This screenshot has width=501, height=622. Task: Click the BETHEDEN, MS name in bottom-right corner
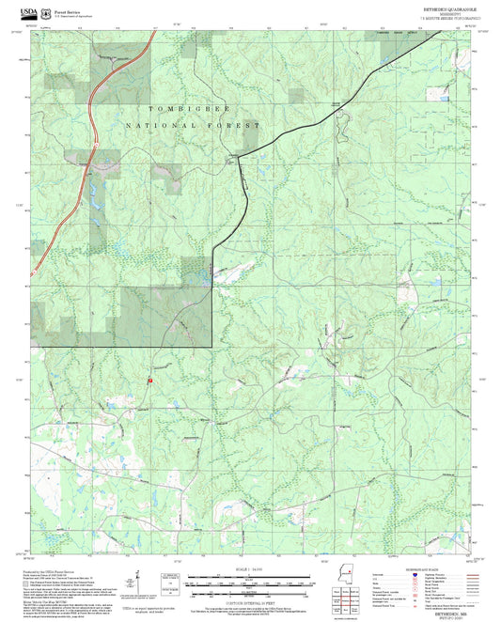point(457,612)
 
